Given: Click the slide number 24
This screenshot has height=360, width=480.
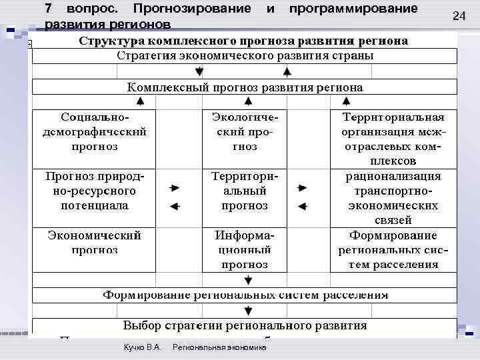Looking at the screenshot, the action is point(459,15).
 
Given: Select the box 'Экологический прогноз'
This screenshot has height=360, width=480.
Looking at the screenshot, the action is point(245,131).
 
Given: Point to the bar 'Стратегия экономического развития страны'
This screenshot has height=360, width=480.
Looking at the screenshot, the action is point(245,55).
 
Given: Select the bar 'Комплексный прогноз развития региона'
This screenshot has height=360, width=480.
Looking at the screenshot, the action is point(245,87).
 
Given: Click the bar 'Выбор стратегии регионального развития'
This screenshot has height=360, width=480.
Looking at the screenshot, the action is point(245,326).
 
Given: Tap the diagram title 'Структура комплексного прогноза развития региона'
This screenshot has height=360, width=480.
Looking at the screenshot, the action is point(245,41).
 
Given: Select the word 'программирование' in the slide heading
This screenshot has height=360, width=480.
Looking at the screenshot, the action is point(353,9).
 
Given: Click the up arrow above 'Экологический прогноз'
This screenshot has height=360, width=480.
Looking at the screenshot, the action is point(247,101).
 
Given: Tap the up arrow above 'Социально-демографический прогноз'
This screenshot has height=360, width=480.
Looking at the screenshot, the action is point(140,101).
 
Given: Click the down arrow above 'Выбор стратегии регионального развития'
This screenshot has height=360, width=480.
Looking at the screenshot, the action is point(247,310).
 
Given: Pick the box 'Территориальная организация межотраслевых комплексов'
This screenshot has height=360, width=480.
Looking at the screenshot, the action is point(393,139).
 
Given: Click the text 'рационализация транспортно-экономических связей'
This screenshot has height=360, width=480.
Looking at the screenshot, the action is point(393,198).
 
